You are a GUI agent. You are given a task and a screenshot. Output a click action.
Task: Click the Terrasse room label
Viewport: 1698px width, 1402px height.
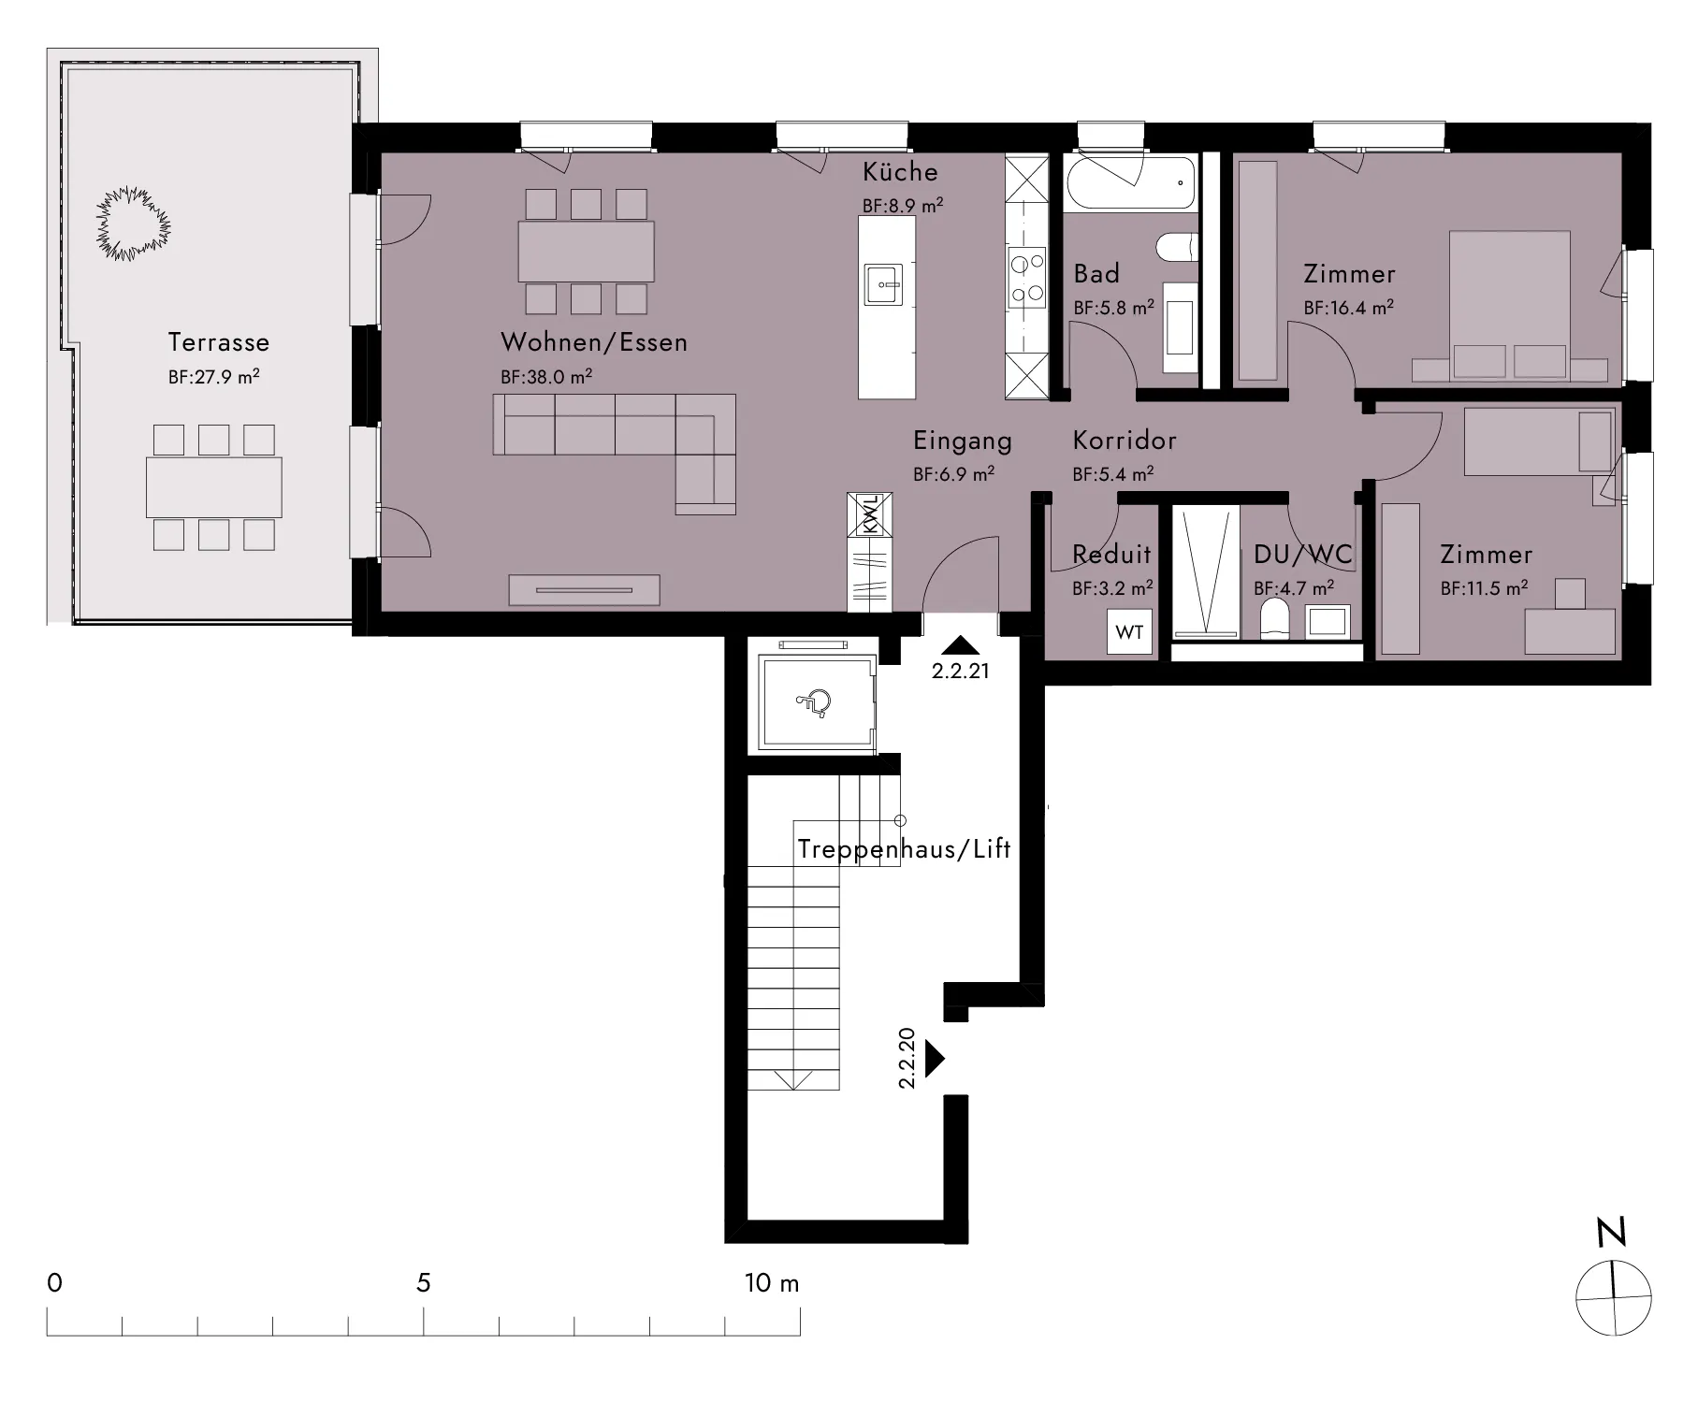click(x=219, y=342)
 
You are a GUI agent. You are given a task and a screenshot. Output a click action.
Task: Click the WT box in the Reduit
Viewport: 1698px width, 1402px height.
click(x=1129, y=632)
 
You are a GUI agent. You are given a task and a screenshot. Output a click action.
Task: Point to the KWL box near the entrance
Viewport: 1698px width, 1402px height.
click(x=870, y=514)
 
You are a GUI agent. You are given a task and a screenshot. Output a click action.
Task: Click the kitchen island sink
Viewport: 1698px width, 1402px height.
click(x=884, y=283)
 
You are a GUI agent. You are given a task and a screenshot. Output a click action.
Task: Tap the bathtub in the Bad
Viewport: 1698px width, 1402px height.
click(x=1129, y=182)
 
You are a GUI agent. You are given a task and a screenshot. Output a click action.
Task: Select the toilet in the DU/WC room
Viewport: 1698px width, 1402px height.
click(x=1272, y=619)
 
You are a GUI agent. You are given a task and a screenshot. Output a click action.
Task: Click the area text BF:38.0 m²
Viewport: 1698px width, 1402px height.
click(x=546, y=377)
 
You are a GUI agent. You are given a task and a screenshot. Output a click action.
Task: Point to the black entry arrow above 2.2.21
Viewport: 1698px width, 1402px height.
click(x=961, y=644)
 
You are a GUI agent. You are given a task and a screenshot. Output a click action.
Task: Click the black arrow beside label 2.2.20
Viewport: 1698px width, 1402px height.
click(x=935, y=1059)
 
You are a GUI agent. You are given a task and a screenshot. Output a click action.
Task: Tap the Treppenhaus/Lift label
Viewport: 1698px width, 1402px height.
click(x=904, y=849)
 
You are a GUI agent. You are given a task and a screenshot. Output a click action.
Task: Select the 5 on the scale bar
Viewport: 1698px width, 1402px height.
click(x=424, y=1282)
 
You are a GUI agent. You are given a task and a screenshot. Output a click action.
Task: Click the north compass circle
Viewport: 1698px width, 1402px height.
click(x=1614, y=1298)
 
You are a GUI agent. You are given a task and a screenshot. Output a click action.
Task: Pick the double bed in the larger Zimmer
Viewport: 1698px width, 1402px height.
click(x=1509, y=307)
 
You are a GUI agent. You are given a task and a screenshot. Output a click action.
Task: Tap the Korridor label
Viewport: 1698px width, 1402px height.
click(x=1125, y=440)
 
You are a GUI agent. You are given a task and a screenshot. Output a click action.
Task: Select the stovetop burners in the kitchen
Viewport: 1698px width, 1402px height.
click(x=1026, y=278)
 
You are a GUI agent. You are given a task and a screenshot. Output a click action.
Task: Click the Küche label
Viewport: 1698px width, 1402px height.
click(x=900, y=171)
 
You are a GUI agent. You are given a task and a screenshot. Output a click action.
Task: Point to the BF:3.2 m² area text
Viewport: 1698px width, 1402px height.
click(x=1112, y=588)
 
